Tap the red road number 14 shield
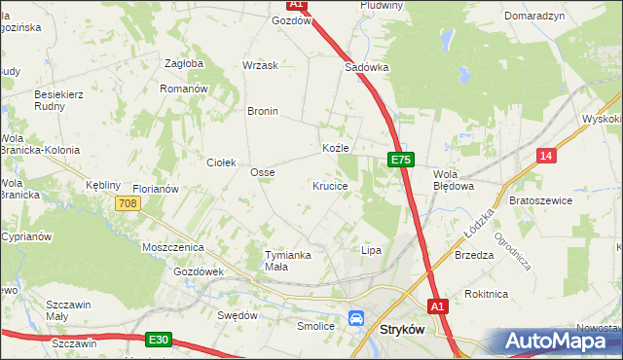[547, 156]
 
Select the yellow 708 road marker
[127, 203]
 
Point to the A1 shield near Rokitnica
[437, 305]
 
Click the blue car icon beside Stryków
[357, 318]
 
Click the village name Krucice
[330, 185]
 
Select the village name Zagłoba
[184, 63]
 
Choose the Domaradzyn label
[534, 17]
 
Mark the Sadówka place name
[367, 68]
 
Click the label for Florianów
[156, 189]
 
